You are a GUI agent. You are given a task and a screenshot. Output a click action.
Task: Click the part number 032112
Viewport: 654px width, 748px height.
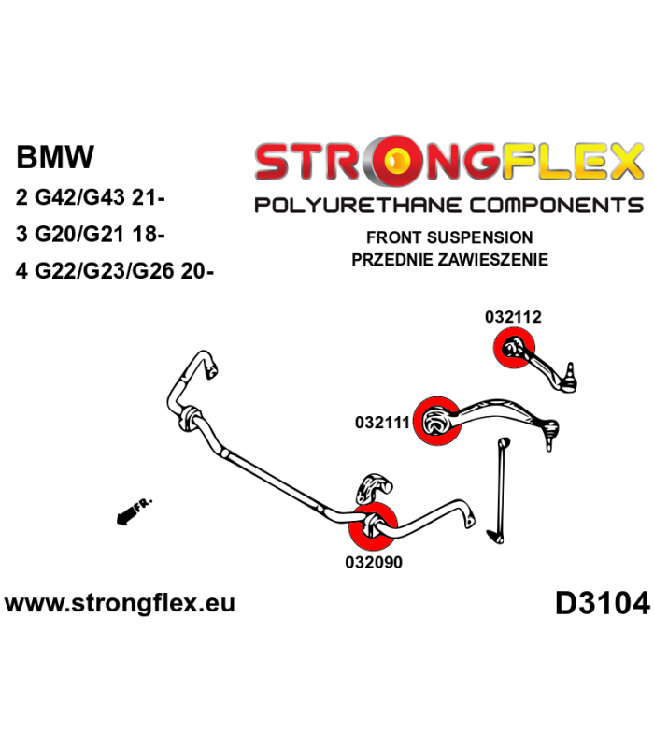point(513,317)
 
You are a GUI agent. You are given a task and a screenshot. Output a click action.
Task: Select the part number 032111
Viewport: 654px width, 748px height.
point(383,422)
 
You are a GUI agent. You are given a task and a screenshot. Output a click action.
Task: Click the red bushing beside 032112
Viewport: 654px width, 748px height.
point(513,352)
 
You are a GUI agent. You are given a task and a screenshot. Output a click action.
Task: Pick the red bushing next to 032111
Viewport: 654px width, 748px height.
point(437,423)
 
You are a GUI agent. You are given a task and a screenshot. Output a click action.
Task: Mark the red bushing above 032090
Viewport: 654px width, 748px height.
point(373,527)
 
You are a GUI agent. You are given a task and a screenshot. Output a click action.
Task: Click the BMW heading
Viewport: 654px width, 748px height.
point(55,156)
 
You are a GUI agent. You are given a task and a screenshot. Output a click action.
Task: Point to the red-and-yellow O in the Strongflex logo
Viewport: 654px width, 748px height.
point(398,162)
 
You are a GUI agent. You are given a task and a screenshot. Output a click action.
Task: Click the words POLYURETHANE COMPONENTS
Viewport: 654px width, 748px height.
point(448,206)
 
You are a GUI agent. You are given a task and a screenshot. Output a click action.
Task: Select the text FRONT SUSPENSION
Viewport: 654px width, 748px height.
point(450,237)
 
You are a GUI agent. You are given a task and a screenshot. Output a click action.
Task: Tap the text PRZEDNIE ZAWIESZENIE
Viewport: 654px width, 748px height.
point(450,259)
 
